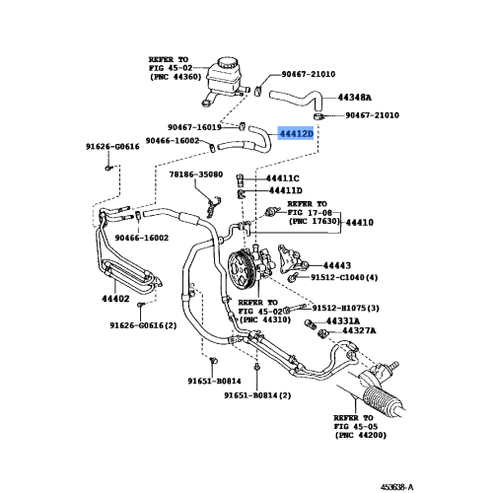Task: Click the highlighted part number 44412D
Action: click(x=296, y=133)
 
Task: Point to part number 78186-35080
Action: click(x=196, y=174)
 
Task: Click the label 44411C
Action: click(x=283, y=178)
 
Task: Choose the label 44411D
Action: click(x=284, y=190)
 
